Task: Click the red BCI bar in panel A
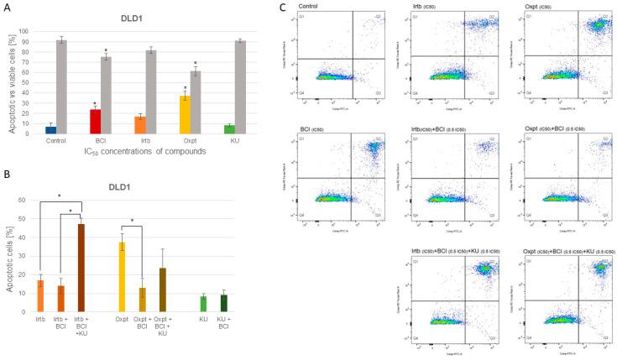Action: (95, 122)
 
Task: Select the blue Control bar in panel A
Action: (51, 129)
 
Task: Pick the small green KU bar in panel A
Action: (229, 129)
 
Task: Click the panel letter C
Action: (282, 7)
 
